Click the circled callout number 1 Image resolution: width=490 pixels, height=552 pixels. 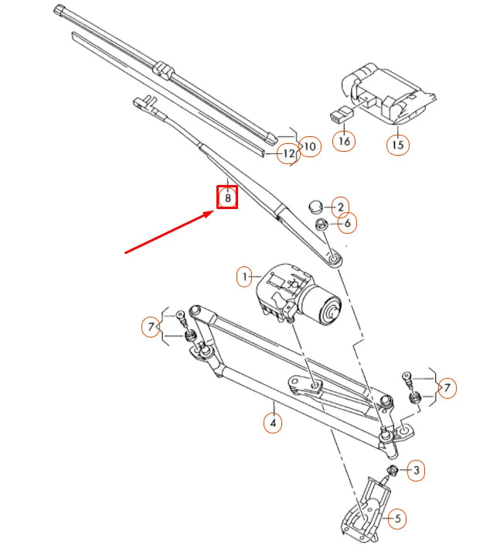(x=244, y=276)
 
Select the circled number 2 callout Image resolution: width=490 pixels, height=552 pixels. (x=339, y=207)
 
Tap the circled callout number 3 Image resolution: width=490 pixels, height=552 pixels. (x=416, y=470)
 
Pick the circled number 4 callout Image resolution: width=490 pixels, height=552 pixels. (x=271, y=423)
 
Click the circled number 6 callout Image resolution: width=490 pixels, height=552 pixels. (x=347, y=223)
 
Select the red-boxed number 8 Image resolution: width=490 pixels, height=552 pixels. (x=227, y=197)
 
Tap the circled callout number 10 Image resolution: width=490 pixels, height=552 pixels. (x=310, y=146)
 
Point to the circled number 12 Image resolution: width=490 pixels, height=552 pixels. (x=288, y=153)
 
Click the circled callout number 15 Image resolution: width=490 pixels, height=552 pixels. (x=398, y=144)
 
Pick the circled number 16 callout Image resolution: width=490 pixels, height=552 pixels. (x=344, y=141)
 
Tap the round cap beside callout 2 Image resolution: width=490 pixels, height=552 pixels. (x=315, y=207)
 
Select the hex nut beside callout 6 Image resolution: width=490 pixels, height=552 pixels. (x=321, y=225)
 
